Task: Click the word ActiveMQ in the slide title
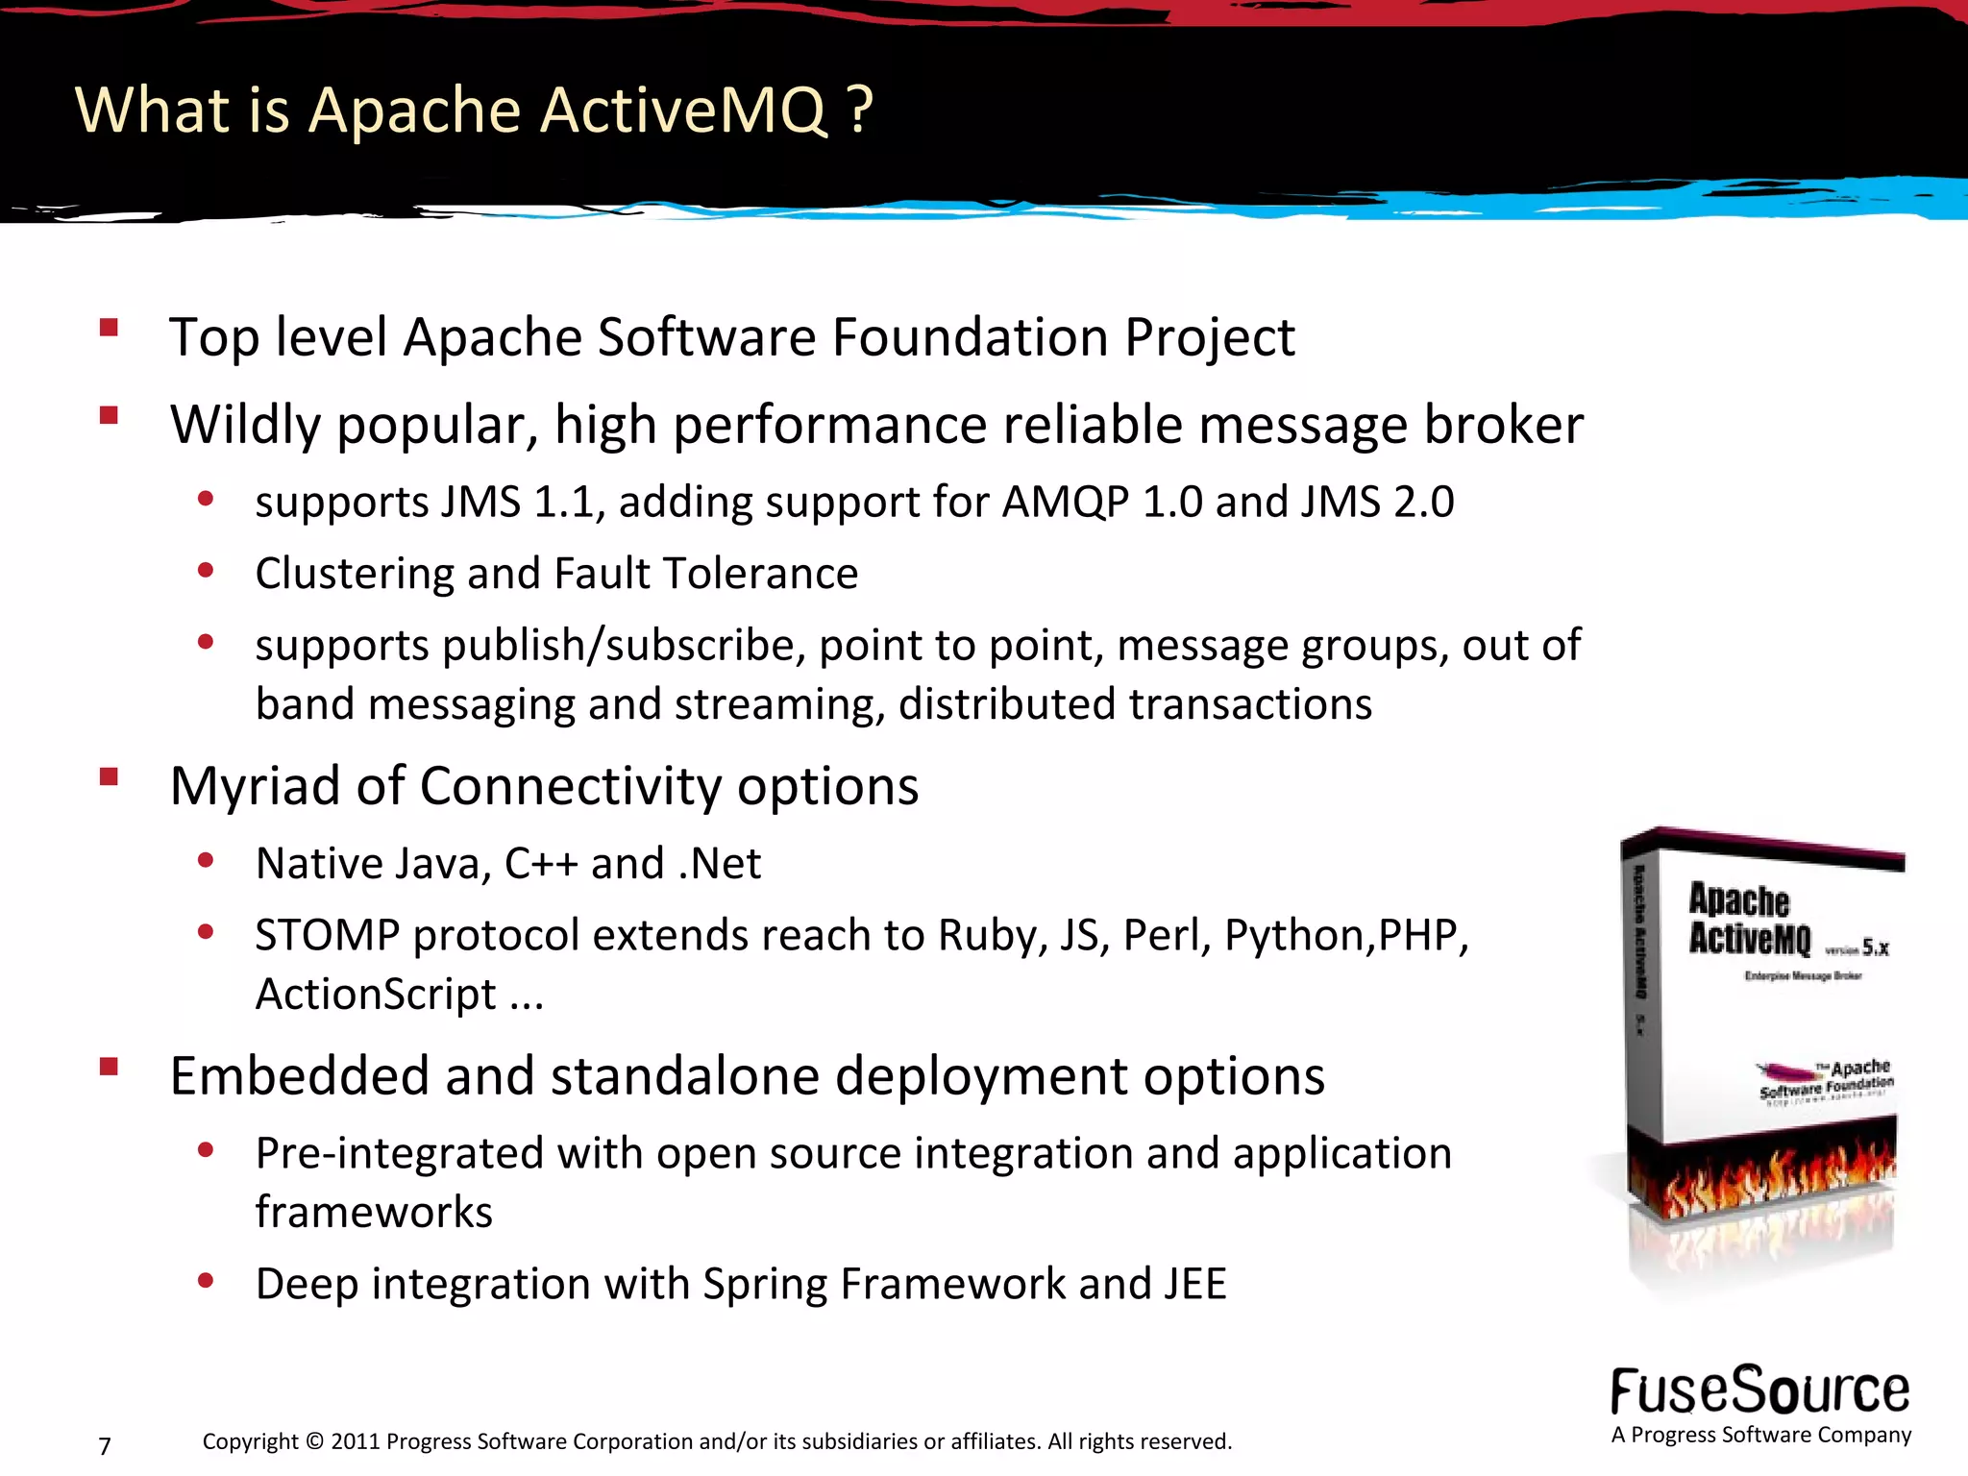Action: click(683, 111)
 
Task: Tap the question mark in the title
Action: click(861, 111)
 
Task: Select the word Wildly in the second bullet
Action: click(245, 425)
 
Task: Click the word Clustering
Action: click(355, 574)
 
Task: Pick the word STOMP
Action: click(327, 935)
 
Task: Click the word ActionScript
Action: click(376, 994)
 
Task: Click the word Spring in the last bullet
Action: click(764, 1284)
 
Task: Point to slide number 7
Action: click(105, 1445)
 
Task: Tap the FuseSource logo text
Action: click(1759, 1391)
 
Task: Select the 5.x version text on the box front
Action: click(1875, 948)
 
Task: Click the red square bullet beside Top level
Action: click(109, 328)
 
